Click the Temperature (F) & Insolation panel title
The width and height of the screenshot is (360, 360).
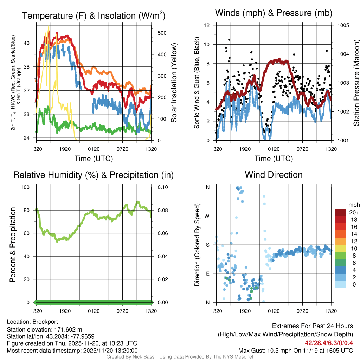94,15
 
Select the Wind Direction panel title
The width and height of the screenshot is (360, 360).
274,175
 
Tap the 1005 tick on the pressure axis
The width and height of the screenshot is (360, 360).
343,25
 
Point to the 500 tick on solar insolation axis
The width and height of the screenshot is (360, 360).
162,33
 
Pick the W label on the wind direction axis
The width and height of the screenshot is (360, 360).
207,216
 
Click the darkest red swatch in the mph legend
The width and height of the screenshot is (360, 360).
341,212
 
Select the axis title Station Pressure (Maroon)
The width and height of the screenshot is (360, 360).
356,83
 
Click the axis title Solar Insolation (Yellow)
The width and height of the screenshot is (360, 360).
174,83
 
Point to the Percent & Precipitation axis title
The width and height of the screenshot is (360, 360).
13,245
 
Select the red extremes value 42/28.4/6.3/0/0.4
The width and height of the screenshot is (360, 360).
328,343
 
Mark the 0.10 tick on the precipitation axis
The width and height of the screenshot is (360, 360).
162,187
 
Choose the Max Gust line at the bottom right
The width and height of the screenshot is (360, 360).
295,351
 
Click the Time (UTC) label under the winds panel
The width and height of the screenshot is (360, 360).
274,159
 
